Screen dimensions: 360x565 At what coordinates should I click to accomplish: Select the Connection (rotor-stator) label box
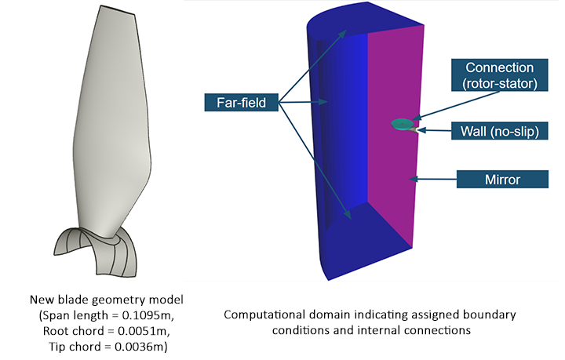[x=499, y=75]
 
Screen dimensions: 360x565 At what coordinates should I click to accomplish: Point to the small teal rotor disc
[x=402, y=123]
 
